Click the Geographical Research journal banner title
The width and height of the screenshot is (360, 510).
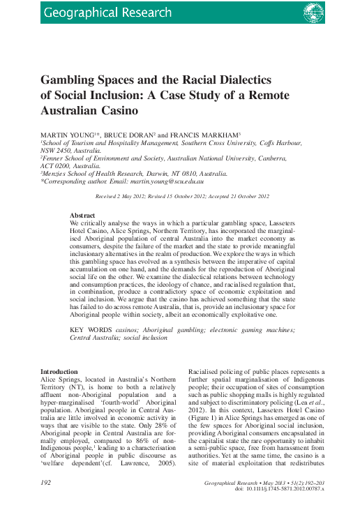pos(107,13)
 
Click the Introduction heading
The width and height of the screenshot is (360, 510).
pos(59,372)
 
